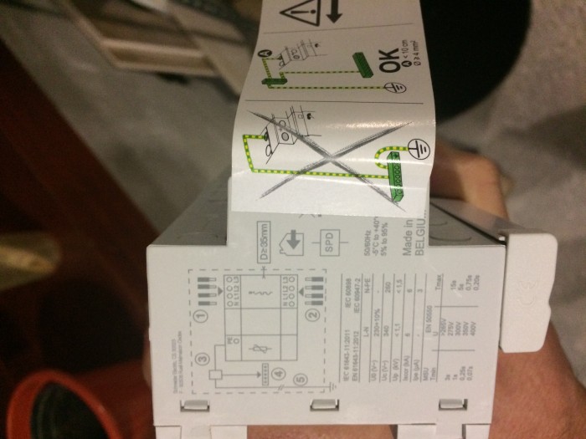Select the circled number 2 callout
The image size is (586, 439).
click(x=312, y=315)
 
